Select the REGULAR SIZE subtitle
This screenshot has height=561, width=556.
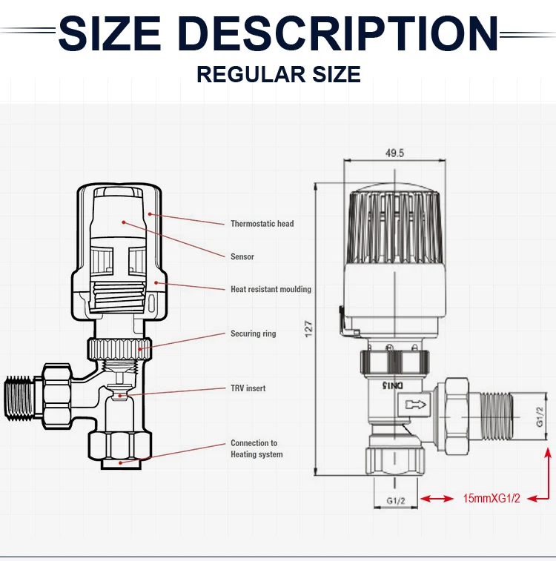click(x=278, y=75)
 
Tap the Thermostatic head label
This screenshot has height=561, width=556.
click(x=262, y=224)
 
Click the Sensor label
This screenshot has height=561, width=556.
click(x=242, y=256)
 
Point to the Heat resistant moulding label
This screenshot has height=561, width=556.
click(x=271, y=289)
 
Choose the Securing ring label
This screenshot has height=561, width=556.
click(x=253, y=333)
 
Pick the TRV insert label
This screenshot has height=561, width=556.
click(x=248, y=388)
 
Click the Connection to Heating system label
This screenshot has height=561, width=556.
click(x=256, y=448)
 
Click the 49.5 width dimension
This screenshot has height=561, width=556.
click(x=394, y=153)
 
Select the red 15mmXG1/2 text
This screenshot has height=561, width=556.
click(x=492, y=498)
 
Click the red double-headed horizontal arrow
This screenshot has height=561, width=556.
click(x=437, y=499)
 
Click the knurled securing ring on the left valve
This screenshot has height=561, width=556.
click(x=119, y=345)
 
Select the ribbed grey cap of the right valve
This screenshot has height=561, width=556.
click(x=394, y=230)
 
